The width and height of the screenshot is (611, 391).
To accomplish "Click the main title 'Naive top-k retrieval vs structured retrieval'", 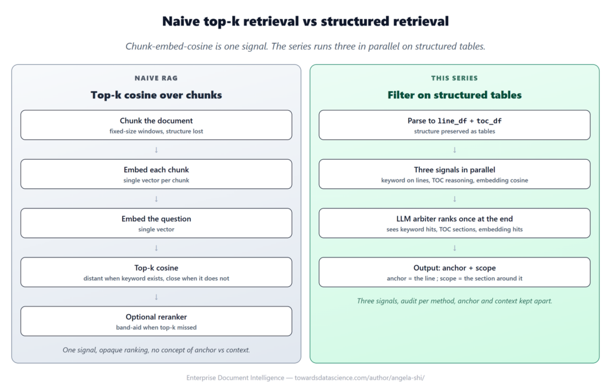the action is tap(305, 21).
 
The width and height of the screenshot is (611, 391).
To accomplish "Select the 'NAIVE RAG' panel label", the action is tap(156, 78).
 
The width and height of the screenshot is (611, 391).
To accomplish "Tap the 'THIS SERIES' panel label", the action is tap(454, 78).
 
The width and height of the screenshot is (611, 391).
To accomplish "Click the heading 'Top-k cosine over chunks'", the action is tap(156, 95).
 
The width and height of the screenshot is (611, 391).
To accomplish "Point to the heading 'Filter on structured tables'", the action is tap(454, 95).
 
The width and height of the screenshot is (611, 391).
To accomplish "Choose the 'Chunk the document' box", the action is tap(156, 125).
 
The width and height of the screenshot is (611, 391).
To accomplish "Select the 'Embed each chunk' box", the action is tap(156, 174).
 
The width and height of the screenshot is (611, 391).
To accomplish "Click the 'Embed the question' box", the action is tap(156, 223).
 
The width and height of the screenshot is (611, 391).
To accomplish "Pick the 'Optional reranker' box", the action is tap(156, 321).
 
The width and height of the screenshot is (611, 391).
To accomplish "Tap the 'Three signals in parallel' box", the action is tap(454, 174).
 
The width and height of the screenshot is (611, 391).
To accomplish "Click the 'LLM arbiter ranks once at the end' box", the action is tap(454, 223).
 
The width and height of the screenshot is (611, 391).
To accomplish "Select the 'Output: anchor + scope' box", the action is tap(454, 272).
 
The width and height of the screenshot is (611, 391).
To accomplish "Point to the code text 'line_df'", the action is tap(452, 121).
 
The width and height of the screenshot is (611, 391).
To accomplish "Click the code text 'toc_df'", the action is tap(489, 121).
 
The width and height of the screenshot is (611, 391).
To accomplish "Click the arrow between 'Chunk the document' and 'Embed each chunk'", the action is tap(156, 150).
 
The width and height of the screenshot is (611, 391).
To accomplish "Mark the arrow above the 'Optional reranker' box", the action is tap(156, 297).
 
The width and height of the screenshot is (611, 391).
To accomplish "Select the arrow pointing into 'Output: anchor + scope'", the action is tap(454, 248).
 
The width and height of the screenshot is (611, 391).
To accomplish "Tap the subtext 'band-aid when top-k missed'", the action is tap(156, 327).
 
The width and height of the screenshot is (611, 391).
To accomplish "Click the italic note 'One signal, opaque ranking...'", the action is tap(156, 350).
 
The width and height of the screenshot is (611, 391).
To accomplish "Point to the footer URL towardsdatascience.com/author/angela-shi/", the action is tap(359, 378).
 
